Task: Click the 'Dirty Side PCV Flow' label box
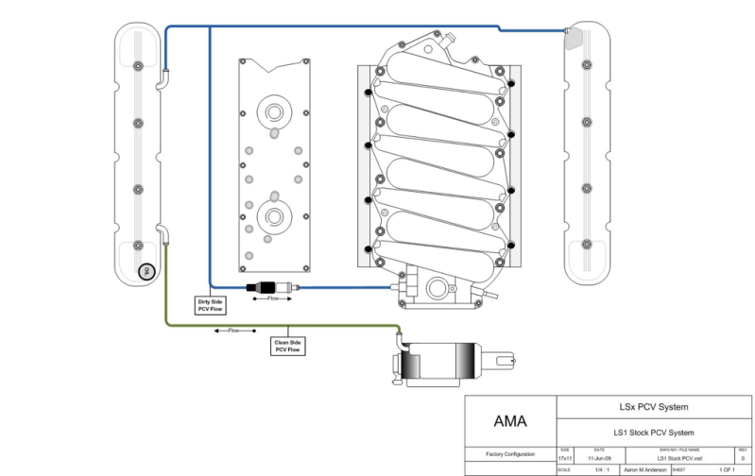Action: (210, 304)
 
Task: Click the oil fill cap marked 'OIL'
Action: (146, 272)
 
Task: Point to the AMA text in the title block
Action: (511, 420)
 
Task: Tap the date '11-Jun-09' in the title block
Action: (598, 457)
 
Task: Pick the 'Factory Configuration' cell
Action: (510, 454)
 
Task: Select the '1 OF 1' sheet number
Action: (726, 469)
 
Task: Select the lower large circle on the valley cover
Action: (274, 216)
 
